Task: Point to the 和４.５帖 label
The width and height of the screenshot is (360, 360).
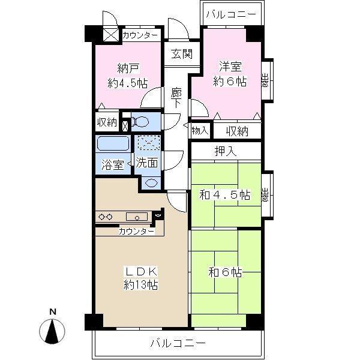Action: tap(224, 195)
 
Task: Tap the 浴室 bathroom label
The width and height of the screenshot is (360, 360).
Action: tap(112, 164)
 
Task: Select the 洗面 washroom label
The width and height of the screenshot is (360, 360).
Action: tap(146, 163)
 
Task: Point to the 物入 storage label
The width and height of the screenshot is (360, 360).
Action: tap(200, 130)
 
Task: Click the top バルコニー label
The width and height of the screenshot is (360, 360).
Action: tap(230, 13)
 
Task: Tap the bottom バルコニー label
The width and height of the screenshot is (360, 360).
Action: tap(178, 344)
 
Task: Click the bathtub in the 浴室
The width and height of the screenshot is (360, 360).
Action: tap(113, 145)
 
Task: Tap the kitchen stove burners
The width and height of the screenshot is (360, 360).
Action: tap(106, 217)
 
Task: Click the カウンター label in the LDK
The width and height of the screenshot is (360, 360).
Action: tap(136, 231)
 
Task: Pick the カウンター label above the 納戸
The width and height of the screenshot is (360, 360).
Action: tap(140, 35)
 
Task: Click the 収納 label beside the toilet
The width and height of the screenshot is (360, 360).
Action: tap(107, 122)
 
